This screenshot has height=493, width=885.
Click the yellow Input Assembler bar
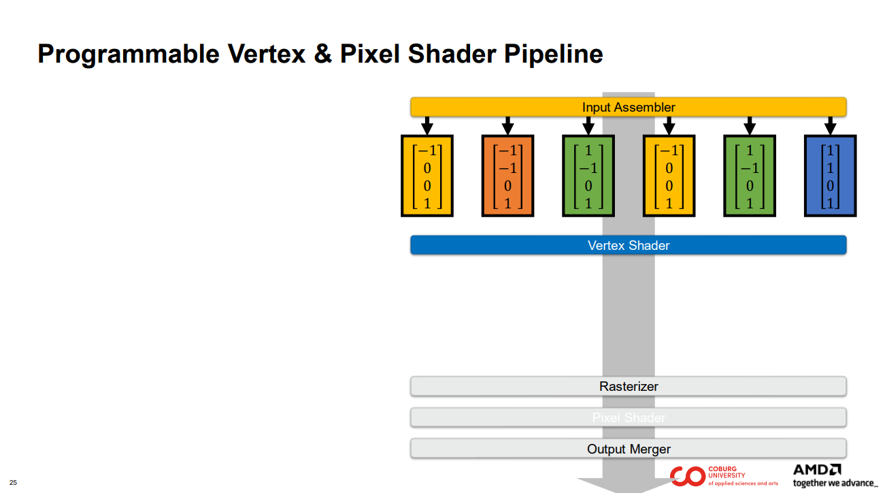pos(628,107)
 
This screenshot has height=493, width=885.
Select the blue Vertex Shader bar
pos(628,245)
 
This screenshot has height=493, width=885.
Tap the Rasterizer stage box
pos(628,386)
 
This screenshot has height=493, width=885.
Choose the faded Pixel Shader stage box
pos(628,417)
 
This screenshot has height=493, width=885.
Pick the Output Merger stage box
pos(628,449)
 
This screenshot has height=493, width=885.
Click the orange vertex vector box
pos(507,176)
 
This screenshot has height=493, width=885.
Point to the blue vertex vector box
pos(830,176)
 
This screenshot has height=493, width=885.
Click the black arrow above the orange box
pos(507,126)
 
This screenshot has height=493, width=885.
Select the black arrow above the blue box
pos(830,126)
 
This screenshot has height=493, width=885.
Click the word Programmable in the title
pos(128,54)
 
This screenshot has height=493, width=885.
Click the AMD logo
pos(817,470)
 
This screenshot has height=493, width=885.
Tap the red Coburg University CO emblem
pos(686,476)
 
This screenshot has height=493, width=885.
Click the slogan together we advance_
pos(835,483)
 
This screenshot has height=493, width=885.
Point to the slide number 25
pos(13,483)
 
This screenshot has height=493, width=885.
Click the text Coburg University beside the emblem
pos(727,472)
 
